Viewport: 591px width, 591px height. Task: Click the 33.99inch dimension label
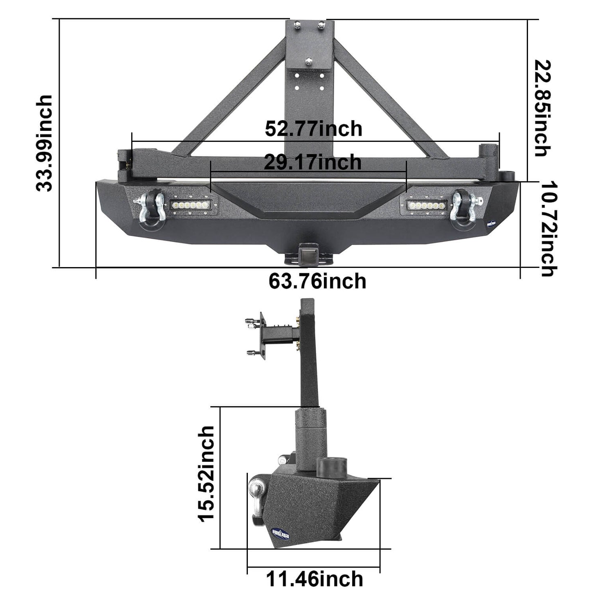(44, 143)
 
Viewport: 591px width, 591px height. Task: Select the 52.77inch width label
(313, 129)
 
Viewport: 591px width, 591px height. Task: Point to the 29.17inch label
(312, 162)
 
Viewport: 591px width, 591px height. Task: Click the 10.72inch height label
(548, 229)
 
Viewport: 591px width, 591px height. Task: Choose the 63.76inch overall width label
(317, 282)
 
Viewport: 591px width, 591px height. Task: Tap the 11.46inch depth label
(314, 579)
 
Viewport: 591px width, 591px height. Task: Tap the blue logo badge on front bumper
(491, 223)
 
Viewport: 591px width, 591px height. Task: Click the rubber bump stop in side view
(332, 466)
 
